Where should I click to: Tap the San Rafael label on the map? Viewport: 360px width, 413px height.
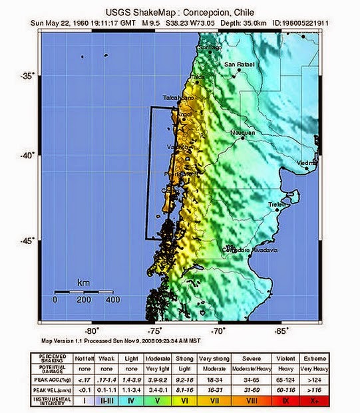[x=238, y=65]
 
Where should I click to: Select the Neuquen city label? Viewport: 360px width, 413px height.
[x=242, y=133]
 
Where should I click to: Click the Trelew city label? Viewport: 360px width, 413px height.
[x=276, y=204]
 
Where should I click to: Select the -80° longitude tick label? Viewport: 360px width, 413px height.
[x=92, y=330]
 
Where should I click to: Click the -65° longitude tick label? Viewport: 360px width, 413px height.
[x=281, y=330]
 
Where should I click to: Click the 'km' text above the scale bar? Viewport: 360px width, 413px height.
[x=83, y=283]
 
